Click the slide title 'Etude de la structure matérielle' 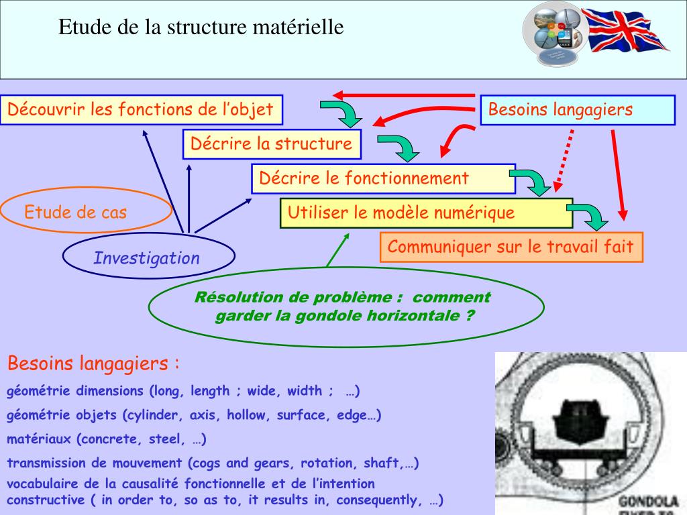201,27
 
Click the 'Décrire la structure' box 271,144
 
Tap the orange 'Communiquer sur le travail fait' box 511,247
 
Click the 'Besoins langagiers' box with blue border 577,110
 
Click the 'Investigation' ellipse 148,258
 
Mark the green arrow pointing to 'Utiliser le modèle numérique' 337,249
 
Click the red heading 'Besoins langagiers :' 93,364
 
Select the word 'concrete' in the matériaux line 104,440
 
